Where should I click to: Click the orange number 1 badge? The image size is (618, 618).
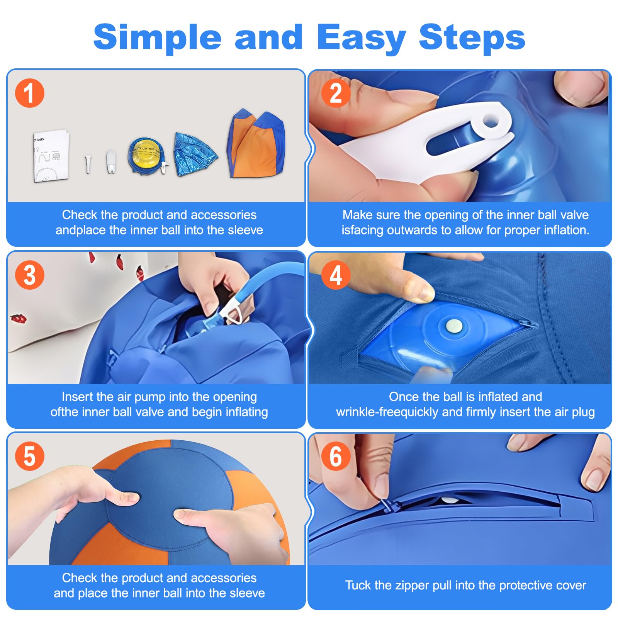click(x=30, y=93)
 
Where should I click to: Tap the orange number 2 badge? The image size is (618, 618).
click(x=336, y=93)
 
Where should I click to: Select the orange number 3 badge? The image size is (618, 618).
click(x=30, y=275)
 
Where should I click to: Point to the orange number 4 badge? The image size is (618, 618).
click(x=336, y=275)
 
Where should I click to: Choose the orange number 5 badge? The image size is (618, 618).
click(x=30, y=456)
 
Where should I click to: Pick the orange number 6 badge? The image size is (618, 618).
click(x=336, y=456)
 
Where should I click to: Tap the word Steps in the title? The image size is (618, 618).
click(x=472, y=38)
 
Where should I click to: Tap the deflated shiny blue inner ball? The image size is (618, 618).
click(x=195, y=154)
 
